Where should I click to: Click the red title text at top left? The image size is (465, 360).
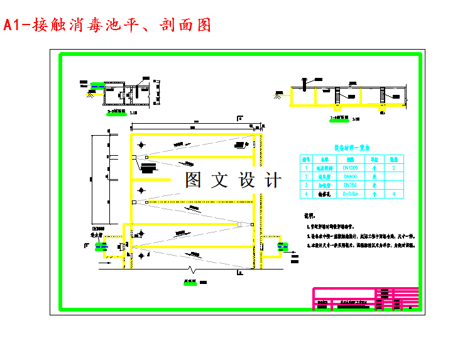106,25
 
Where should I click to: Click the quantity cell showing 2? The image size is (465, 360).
394,168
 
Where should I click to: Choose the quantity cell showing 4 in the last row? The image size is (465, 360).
394,194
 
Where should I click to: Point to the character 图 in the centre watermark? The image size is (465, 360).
194,180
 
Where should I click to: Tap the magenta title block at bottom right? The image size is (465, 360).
364,298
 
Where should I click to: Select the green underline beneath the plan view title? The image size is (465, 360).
189,284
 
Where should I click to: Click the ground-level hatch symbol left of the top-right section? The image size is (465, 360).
277,95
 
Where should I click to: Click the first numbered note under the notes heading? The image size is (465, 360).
339,224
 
